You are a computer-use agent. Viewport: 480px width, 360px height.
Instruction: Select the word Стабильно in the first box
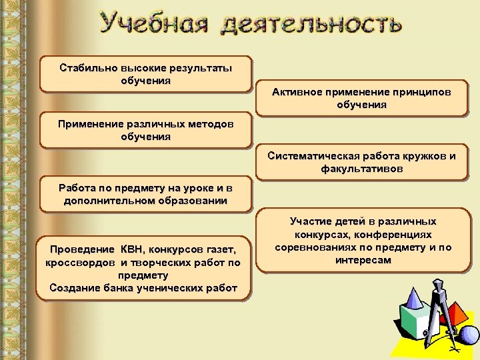point(88,68)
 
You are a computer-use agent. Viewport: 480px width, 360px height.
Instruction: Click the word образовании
point(189,201)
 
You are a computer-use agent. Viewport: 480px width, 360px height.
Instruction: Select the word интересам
point(364,260)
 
